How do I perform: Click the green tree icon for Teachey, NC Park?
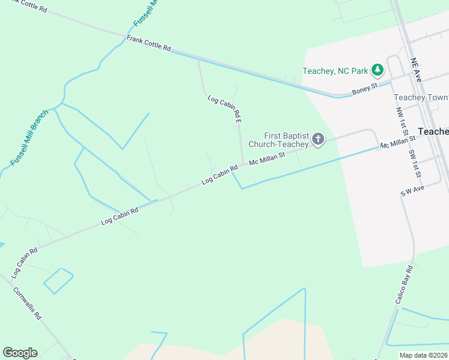[x=378, y=71]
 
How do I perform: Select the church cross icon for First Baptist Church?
[x=318, y=140]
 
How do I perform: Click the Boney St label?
[x=364, y=88]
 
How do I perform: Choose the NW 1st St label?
[x=400, y=121]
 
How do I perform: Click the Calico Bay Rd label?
[x=405, y=284]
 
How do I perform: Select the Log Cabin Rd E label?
[x=224, y=109]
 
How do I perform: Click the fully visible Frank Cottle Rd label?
[x=148, y=43]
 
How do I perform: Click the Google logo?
[x=20, y=353]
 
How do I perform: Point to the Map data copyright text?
[x=424, y=355]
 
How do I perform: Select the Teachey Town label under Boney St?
[x=421, y=97]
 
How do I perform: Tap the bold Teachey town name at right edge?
[x=433, y=131]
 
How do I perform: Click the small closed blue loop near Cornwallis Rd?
[x=58, y=280]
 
